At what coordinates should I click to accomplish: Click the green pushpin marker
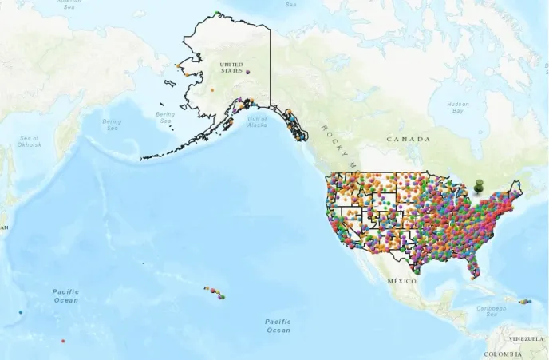click(x=479, y=186)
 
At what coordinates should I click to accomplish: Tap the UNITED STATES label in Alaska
click(x=231, y=67)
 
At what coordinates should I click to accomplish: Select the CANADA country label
click(x=408, y=139)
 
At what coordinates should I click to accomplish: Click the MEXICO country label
click(x=402, y=281)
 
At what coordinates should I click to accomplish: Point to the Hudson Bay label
click(x=458, y=107)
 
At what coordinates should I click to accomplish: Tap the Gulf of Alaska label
click(x=257, y=121)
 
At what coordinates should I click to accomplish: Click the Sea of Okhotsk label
click(x=29, y=141)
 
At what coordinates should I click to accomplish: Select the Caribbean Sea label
click(x=492, y=311)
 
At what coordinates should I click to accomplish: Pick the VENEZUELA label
click(x=527, y=338)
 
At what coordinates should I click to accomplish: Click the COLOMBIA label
click(x=504, y=354)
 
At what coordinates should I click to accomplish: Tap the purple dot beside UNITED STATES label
click(x=249, y=72)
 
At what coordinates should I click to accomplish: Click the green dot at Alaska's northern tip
click(x=218, y=14)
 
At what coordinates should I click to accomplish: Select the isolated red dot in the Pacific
click(x=62, y=341)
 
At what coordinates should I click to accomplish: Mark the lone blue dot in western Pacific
click(x=20, y=311)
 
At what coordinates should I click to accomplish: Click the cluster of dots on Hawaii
click(x=214, y=292)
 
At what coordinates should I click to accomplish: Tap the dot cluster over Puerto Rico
click(x=525, y=302)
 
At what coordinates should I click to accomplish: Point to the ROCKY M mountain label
click(x=336, y=144)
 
